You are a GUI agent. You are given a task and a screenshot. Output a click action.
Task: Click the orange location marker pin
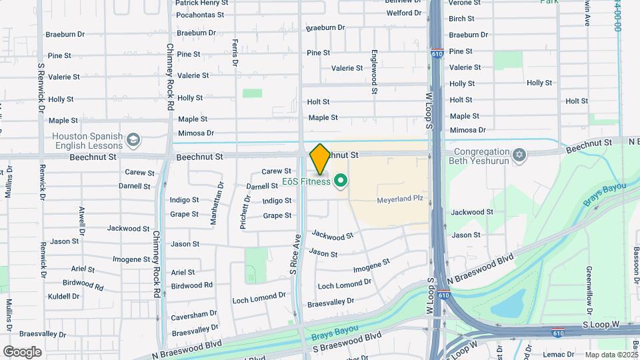coord(320,159)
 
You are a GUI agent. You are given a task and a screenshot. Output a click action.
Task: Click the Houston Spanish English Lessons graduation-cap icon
coord(133,140)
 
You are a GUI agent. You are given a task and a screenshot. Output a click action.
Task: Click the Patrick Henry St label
coord(201,3)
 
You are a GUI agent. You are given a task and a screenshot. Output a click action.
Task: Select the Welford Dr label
coord(404,13)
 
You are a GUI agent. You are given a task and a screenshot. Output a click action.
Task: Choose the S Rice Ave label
coord(293,254)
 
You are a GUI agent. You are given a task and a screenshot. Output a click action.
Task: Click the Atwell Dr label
coord(81,221)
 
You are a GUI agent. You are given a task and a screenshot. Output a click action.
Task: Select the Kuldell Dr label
coord(64,295)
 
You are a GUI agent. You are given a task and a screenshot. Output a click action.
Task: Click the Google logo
coord(23,351)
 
